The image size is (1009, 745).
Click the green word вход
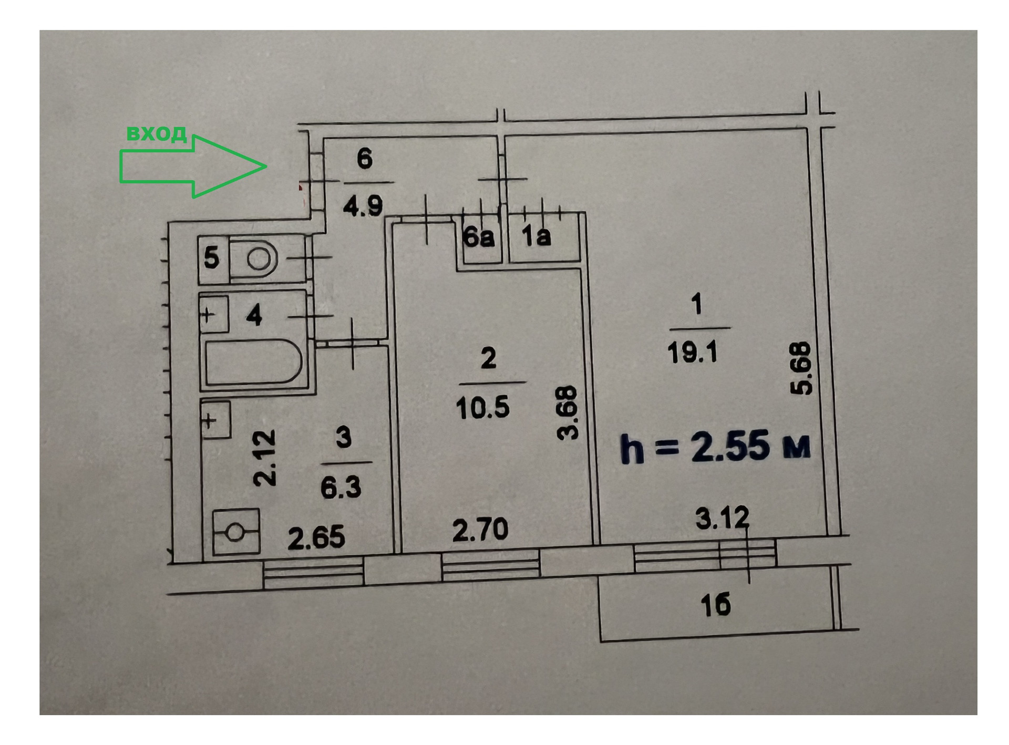[x=157, y=133]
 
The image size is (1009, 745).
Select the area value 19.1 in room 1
[x=693, y=352]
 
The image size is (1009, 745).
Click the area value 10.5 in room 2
[x=482, y=407]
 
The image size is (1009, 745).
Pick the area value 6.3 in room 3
[x=341, y=488]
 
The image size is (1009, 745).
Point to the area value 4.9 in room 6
[x=363, y=206]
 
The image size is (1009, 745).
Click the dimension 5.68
[x=801, y=369]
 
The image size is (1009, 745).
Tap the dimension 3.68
[x=568, y=413]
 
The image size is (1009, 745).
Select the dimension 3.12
[x=723, y=519]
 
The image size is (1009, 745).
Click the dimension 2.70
[x=480, y=530]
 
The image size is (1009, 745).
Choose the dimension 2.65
[x=316, y=538]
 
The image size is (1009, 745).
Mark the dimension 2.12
[x=264, y=458]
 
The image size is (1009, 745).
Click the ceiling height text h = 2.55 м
[x=715, y=447]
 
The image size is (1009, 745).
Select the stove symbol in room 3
[x=236, y=532]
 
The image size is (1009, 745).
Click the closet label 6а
[x=478, y=238]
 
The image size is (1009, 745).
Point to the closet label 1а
[x=537, y=237]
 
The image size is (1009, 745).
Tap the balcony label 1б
[x=716, y=606]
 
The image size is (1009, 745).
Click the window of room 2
[x=491, y=564]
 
